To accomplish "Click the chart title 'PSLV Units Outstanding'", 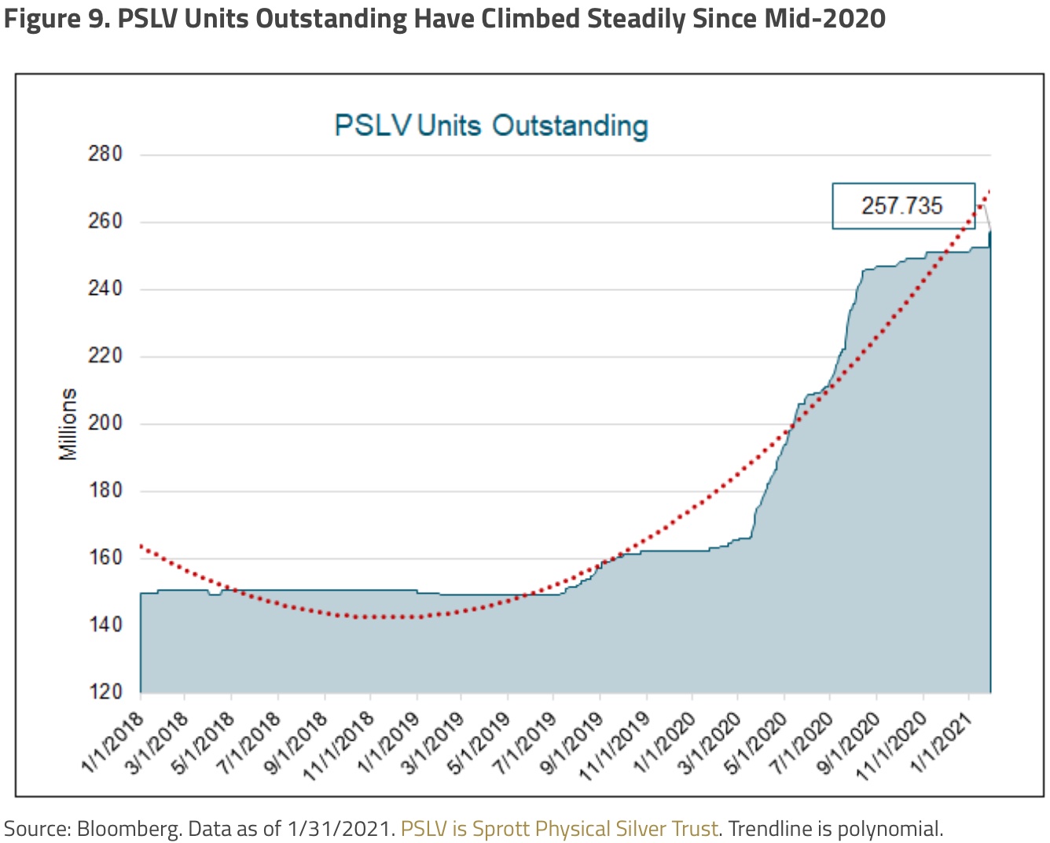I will (491, 126).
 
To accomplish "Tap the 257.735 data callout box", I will (902, 206).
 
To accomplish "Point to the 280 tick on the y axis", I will (105, 153).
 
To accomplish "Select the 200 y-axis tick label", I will (105, 423).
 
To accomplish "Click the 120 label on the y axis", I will (105, 692).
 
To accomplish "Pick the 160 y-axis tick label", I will (105, 558).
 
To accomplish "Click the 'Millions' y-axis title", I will (68, 424).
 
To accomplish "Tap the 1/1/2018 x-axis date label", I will (115, 740).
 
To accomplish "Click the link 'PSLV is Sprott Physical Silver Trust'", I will (559, 829).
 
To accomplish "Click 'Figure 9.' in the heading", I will (56, 17).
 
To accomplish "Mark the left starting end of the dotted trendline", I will (141, 546).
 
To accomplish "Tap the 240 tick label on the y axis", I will (105, 289).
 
